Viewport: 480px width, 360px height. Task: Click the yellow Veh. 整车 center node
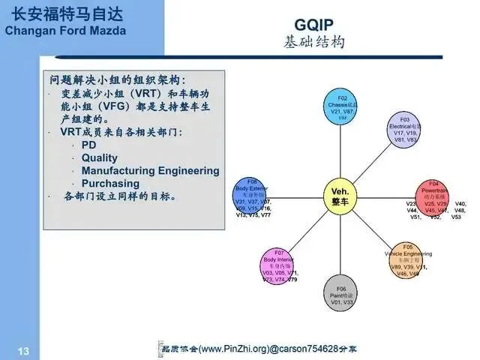click(340, 196)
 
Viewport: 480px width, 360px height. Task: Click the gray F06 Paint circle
click(341, 292)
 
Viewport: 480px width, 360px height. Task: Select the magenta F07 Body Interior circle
click(278, 265)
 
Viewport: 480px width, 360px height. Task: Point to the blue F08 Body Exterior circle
click(251, 197)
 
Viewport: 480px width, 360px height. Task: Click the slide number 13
click(23, 350)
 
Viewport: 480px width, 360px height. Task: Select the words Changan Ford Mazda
click(65, 31)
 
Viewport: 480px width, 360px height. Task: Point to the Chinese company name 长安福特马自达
click(65, 13)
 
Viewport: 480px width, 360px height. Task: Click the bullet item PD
click(89, 145)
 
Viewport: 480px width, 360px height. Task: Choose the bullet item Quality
click(100, 157)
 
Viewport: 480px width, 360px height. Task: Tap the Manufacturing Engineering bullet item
click(150, 170)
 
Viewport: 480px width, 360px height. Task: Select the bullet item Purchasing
click(110, 183)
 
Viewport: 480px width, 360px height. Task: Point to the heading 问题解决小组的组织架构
click(117, 79)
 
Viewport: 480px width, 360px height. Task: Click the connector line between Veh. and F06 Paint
click(341, 244)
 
